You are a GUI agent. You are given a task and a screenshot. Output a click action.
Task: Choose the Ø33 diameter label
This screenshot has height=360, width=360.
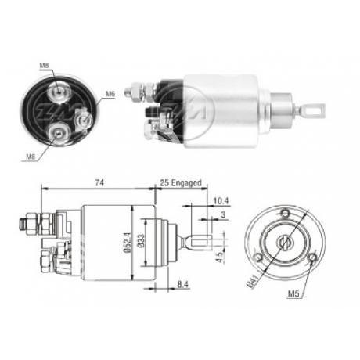click(x=142, y=244)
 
